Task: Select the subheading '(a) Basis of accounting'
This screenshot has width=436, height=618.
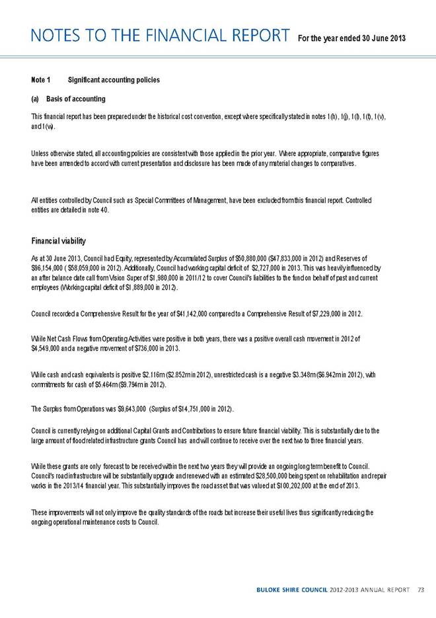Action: coord(68,99)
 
